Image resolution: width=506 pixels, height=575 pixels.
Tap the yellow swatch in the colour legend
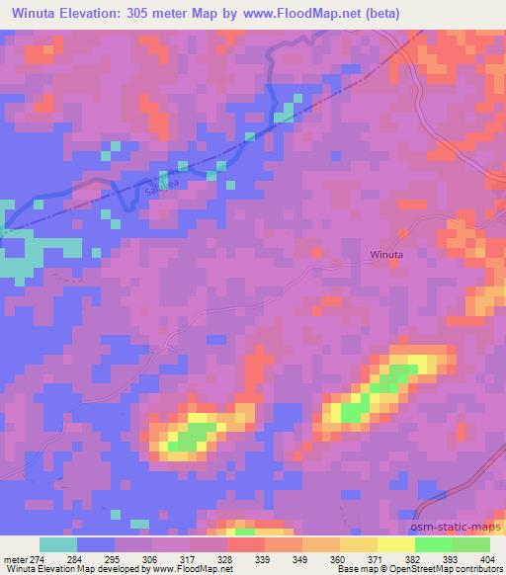click(x=395, y=544)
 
